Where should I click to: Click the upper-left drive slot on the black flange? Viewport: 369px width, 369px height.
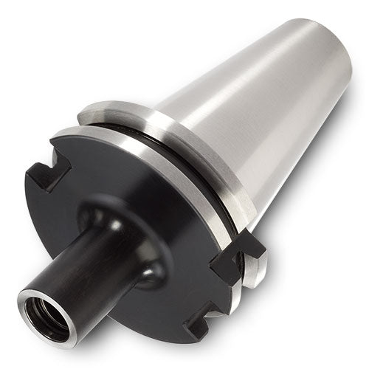click(x=46, y=174)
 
